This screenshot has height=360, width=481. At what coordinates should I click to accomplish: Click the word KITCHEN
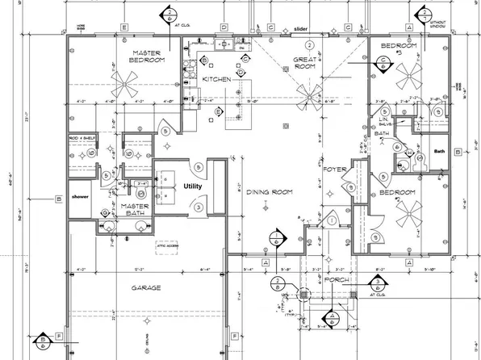coord(217,79)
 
